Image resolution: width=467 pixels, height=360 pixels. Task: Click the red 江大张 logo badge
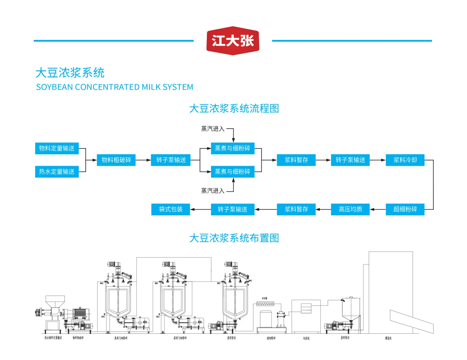pos(233,41)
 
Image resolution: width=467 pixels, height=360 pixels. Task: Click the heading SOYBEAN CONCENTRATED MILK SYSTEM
pos(114,87)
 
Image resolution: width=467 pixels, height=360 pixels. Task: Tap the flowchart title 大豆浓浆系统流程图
pos(234,108)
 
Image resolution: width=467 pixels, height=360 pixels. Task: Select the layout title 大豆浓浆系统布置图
pos(234,238)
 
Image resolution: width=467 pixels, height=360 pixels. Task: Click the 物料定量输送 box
pos(57,148)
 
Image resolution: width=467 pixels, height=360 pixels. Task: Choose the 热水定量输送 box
pos(57,172)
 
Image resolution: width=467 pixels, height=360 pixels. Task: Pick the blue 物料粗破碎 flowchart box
pos(116,160)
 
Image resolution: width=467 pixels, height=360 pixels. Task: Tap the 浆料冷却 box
pos(405,160)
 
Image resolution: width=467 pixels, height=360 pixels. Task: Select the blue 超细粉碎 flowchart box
pos(405,209)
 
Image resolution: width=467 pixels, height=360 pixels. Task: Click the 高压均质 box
pos(350,209)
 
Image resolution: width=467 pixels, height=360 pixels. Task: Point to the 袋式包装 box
pos(171,209)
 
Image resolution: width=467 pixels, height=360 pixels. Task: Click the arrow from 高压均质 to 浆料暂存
pos(323,209)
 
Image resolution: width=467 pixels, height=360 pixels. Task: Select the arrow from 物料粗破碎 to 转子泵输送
pos(143,160)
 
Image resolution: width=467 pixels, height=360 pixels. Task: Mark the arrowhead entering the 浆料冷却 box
pos(383,160)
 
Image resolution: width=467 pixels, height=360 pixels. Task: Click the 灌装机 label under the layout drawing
pos(388,338)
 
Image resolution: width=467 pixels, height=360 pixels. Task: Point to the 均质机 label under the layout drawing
pos(306,338)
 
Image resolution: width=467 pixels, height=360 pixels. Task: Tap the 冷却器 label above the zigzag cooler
pos(264,298)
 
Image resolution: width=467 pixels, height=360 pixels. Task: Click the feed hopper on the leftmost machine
pos(55,301)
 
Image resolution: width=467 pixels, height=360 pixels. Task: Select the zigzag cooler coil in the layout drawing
pos(265,304)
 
